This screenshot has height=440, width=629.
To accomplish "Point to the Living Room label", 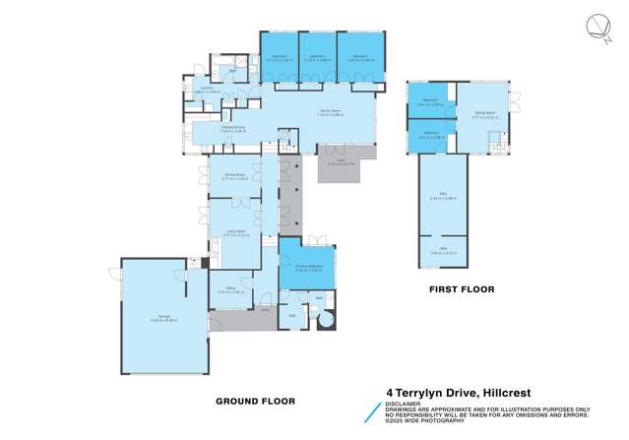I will point(233,233).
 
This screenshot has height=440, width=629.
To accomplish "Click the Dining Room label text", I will point(233,178).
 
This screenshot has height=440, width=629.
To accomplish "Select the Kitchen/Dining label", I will point(232,129).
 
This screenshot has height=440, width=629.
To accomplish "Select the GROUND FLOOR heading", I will point(255,402).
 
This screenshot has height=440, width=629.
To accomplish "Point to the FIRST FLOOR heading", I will point(461,289).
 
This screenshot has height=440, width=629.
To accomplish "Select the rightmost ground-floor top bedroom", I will point(356,57).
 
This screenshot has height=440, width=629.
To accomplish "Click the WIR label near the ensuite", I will point(292,316).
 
